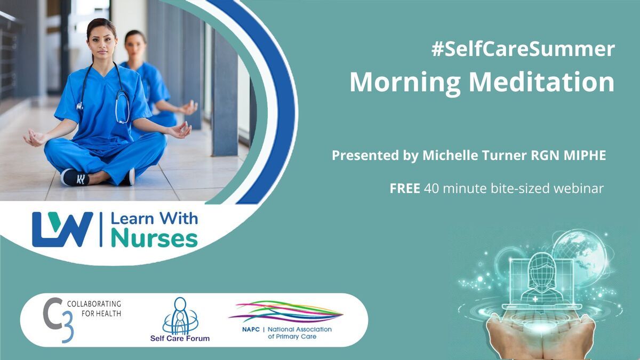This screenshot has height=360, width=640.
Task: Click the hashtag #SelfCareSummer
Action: click(x=523, y=49)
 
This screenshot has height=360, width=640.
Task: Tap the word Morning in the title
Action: click(x=405, y=83)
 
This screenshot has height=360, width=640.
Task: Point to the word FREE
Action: click(x=405, y=188)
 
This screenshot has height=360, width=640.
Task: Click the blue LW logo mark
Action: click(x=62, y=229)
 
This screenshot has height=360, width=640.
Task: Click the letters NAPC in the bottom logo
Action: click(x=251, y=330)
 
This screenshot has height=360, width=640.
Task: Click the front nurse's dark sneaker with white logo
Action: click(x=75, y=178)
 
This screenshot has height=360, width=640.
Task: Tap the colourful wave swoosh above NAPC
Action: click(x=286, y=311)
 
